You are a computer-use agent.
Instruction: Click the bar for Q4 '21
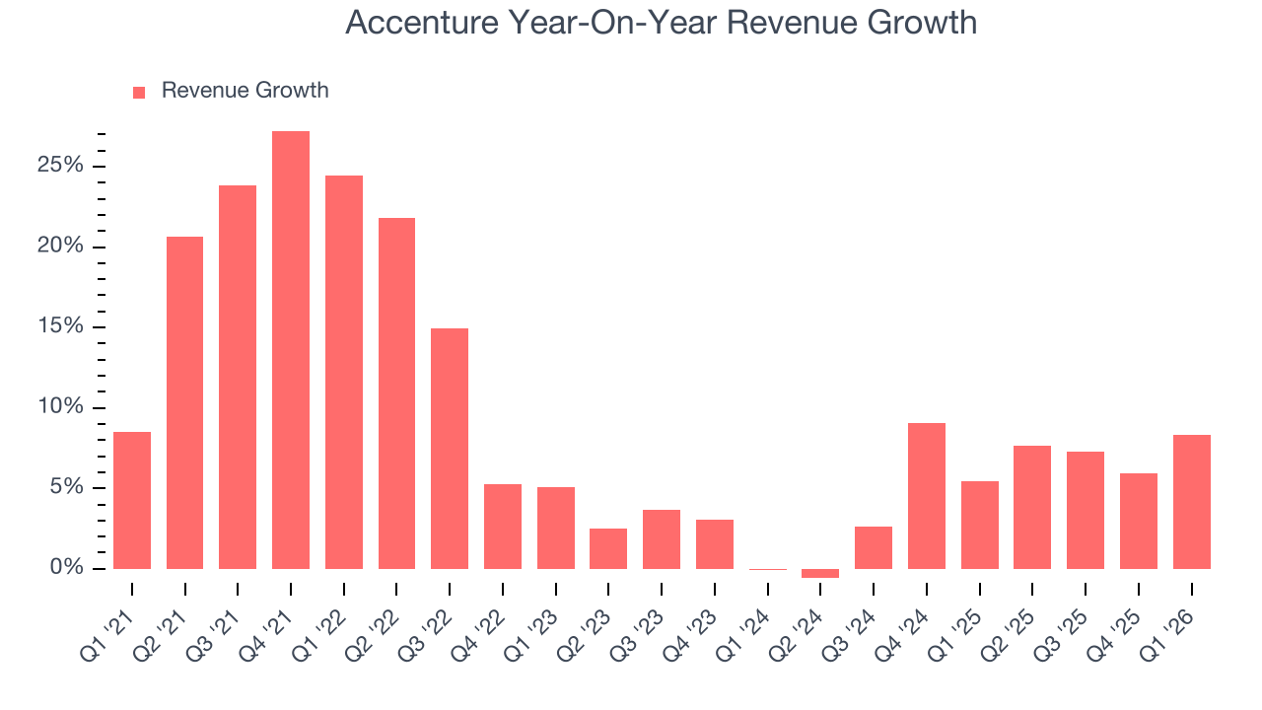pos(291,350)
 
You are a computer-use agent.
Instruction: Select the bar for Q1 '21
pos(132,500)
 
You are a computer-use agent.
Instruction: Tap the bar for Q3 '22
pos(450,449)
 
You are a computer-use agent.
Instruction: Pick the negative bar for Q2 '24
pos(820,573)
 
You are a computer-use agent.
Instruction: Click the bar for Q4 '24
pos(927,496)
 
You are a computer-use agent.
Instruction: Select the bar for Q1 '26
pos(1191,502)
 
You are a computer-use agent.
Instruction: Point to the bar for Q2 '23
pos(608,548)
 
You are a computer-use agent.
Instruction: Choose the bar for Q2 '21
pos(185,402)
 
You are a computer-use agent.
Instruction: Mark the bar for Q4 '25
pos(1139,521)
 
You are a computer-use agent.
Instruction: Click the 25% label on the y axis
pos(60,165)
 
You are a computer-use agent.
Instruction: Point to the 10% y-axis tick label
pos(60,407)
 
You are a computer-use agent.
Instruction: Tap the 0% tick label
pos(66,568)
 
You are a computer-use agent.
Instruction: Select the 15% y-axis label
pos(60,326)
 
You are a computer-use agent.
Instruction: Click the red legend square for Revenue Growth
pos(139,92)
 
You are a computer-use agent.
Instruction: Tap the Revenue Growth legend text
pos(245,91)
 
